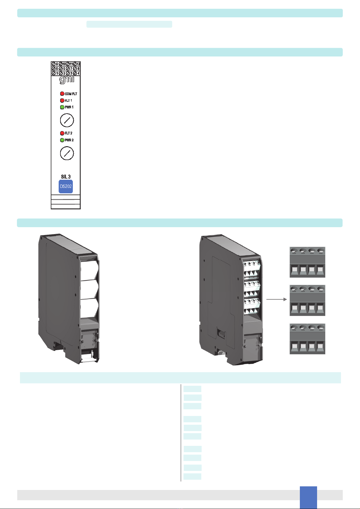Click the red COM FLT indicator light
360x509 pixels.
62,94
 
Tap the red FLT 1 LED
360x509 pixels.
62,101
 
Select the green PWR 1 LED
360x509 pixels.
62,107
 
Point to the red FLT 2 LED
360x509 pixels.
62,133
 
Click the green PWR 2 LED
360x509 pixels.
62,140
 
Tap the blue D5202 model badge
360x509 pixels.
66,187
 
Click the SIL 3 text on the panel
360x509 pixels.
66,177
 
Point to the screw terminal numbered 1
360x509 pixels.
54,73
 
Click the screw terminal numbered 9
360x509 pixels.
54,64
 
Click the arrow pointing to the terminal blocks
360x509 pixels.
276,299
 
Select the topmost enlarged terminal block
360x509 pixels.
307,262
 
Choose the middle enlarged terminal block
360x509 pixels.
307,300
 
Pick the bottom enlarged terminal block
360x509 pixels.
307,339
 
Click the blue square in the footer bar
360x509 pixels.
308,497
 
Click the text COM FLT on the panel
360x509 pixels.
71,94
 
